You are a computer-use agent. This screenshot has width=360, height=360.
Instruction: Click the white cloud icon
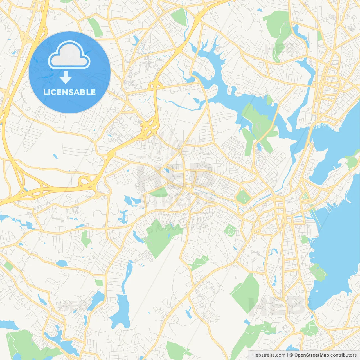pos(69,55)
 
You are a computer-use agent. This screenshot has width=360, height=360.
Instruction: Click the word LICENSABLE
pos(69,92)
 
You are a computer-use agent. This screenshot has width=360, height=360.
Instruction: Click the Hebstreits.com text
pos(269,355)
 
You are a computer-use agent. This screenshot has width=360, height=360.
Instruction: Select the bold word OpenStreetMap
pos(312,355)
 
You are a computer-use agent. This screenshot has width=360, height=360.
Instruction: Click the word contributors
pos(343,355)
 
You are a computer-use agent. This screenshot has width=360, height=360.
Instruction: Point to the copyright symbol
pos(291,355)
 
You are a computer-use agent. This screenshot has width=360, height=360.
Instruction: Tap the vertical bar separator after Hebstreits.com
pos(287,355)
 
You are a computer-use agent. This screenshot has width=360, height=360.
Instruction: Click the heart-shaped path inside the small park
pos(230,231)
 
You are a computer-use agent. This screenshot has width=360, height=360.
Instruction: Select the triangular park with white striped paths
pos(305,196)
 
